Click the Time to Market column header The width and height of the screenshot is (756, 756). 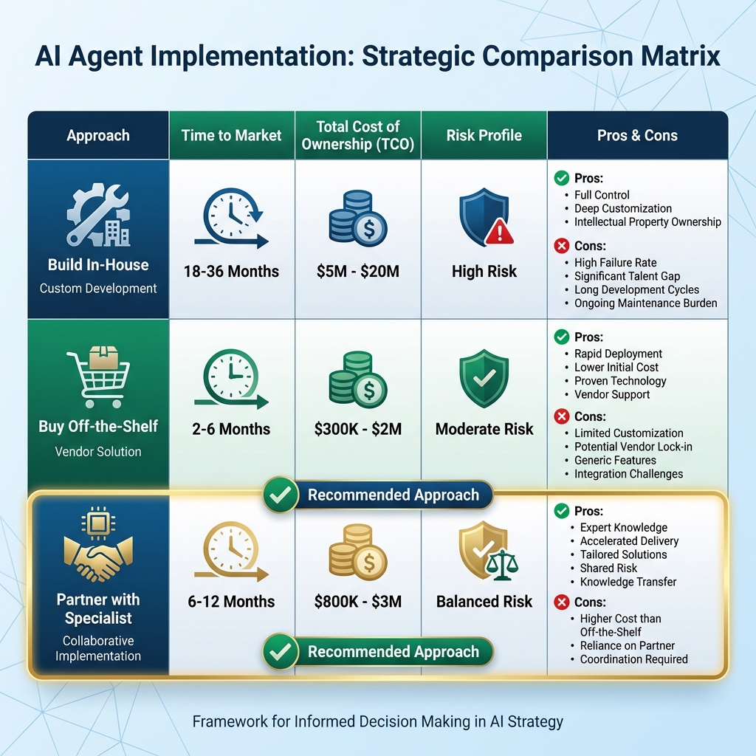coord(232,135)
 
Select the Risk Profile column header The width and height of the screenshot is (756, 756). coord(484,135)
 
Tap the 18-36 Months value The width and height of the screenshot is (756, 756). coord(232,271)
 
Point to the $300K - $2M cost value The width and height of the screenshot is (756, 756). coord(358,429)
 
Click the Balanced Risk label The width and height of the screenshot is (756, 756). coord(484,602)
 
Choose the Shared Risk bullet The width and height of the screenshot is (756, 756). coord(608,568)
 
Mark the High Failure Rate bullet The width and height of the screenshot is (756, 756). coord(615,262)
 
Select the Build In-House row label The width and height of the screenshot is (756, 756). coord(98,265)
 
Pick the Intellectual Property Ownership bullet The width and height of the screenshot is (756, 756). coord(647,221)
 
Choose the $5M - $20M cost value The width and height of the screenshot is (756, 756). coord(358,271)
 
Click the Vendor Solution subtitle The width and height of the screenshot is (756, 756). coord(98,451)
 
